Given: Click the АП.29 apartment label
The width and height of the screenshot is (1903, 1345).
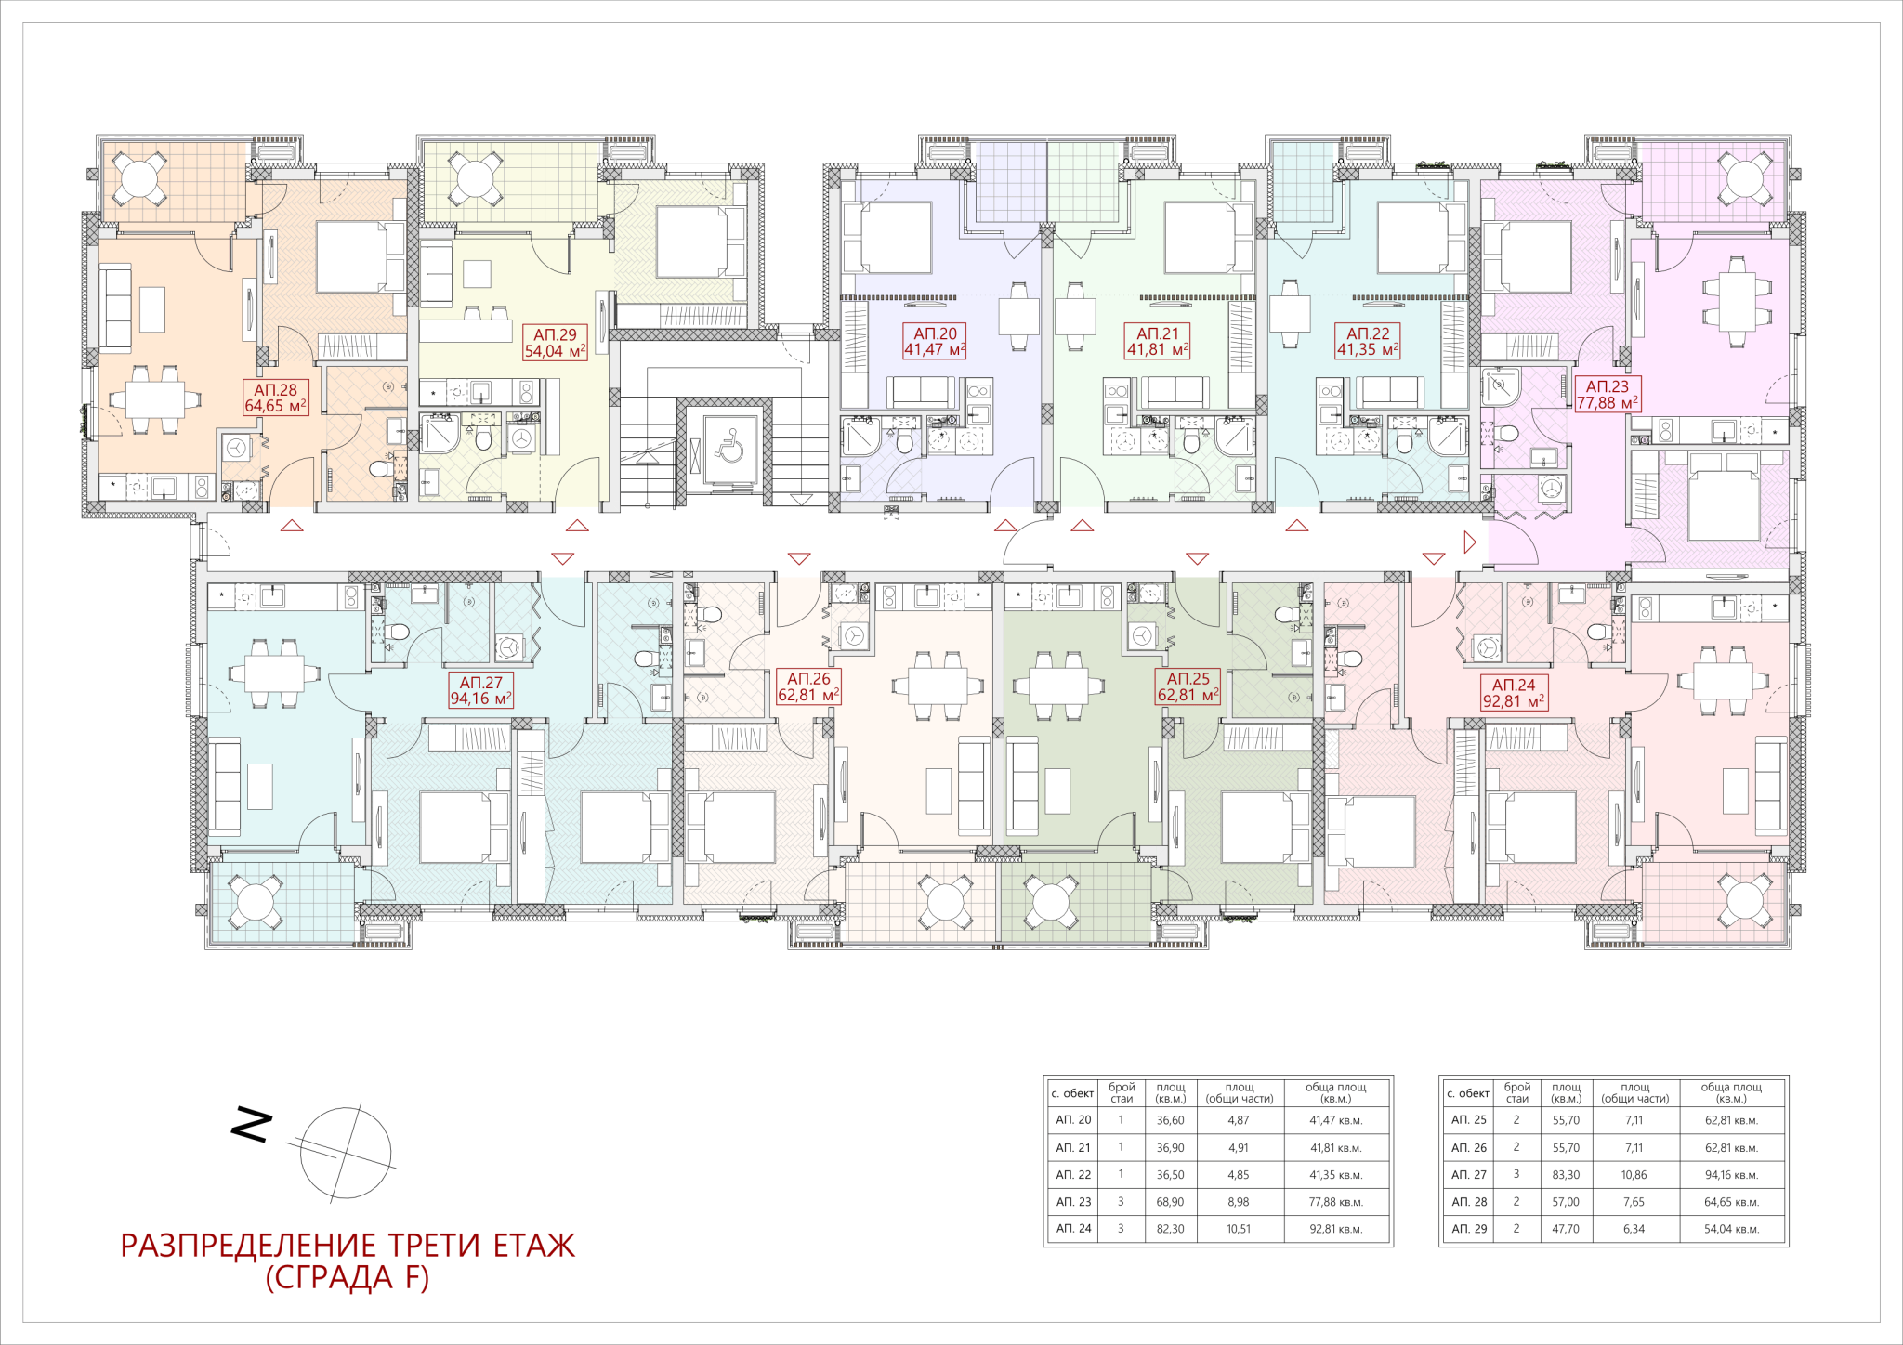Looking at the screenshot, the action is (555, 343).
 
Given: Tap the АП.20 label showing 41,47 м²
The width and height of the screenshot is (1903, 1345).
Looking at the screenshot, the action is (935, 341).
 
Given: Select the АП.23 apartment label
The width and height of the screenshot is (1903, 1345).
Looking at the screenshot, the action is (1607, 394).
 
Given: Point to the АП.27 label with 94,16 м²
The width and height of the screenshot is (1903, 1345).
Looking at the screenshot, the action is (480, 690).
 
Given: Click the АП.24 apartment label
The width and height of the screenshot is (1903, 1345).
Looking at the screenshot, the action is (1513, 693).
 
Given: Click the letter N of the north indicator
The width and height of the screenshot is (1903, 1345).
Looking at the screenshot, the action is (251, 1125).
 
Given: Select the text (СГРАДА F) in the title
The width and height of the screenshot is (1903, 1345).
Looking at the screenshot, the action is (348, 1278).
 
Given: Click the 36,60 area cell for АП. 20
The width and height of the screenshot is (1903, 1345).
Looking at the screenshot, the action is (1170, 1120).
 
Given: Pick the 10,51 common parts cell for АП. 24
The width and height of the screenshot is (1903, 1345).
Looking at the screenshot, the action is (1239, 1229).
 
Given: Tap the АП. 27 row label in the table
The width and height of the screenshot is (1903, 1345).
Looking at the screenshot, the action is (1469, 1175).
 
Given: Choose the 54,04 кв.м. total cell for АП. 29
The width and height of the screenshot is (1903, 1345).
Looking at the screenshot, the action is (1731, 1229).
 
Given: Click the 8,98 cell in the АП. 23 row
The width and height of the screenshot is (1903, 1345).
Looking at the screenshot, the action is (1239, 1202).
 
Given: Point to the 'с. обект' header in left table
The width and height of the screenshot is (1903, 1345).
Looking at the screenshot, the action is (1072, 1093).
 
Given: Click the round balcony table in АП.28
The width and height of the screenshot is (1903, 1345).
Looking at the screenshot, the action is (139, 178).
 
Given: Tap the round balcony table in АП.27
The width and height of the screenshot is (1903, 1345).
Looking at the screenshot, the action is (255, 901).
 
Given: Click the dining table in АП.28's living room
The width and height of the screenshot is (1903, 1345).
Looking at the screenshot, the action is (154, 399).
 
